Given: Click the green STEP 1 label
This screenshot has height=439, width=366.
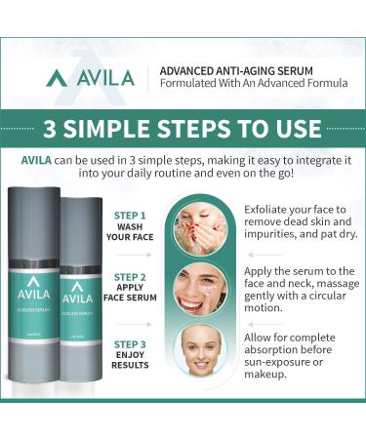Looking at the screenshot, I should click(130, 214).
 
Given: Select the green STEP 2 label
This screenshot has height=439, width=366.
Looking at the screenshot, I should click(130, 276).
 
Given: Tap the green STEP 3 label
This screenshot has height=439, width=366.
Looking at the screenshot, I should click(130, 343).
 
